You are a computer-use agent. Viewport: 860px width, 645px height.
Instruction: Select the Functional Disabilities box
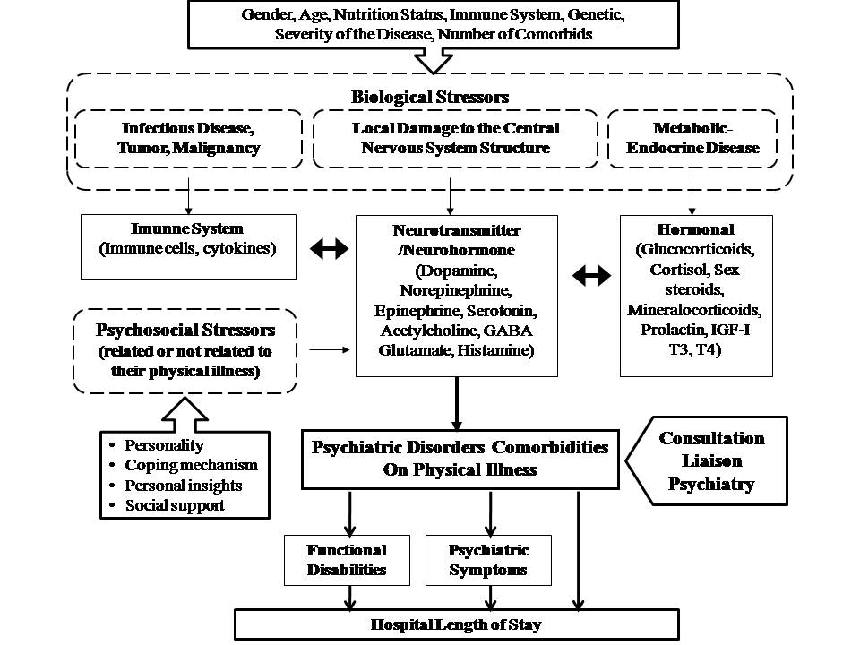click(347, 560)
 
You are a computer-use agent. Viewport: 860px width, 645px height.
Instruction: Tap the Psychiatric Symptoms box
click(488, 560)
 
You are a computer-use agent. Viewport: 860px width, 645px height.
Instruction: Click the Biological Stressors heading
click(429, 96)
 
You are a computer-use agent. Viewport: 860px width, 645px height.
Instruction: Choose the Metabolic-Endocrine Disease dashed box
click(693, 138)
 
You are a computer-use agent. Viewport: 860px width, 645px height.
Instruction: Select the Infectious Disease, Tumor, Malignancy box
click(188, 138)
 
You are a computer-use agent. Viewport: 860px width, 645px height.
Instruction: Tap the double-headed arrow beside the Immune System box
click(328, 251)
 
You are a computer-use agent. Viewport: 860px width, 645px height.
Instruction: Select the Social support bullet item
click(176, 505)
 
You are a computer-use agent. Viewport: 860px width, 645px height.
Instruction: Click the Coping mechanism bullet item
click(191, 465)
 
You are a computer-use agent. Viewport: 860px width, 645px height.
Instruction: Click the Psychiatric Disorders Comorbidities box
click(460, 457)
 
